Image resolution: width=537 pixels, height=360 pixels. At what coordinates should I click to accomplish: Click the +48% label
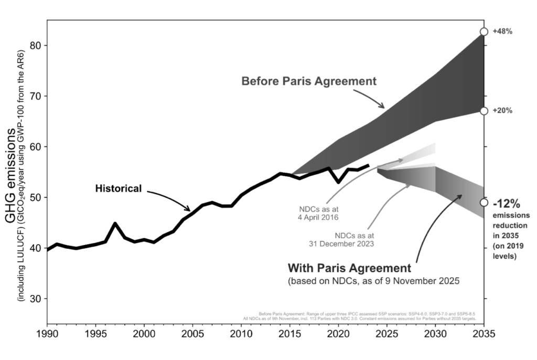[x=502, y=31]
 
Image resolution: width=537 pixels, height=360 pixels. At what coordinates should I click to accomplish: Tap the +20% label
[x=502, y=111]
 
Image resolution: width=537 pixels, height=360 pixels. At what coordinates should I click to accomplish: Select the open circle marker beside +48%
[x=484, y=32]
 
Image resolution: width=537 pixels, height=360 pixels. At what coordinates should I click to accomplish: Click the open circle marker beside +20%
[x=484, y=111]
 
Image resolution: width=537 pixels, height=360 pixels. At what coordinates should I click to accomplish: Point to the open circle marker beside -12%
[x=484, y=203]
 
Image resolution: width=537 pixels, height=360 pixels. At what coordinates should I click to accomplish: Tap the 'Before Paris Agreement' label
[x=309, y=81]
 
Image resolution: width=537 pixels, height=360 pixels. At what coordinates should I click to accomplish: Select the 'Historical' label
[x=119, y=188]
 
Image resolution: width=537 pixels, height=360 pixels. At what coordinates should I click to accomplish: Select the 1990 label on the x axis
[x=47, y=333]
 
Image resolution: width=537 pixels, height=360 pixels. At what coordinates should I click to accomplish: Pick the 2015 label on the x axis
[x=290, y=333]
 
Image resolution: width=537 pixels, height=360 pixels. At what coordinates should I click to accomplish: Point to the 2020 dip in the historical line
[x=338, y=182]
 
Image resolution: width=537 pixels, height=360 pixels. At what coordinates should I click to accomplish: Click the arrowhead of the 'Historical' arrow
[x=190, y=209]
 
